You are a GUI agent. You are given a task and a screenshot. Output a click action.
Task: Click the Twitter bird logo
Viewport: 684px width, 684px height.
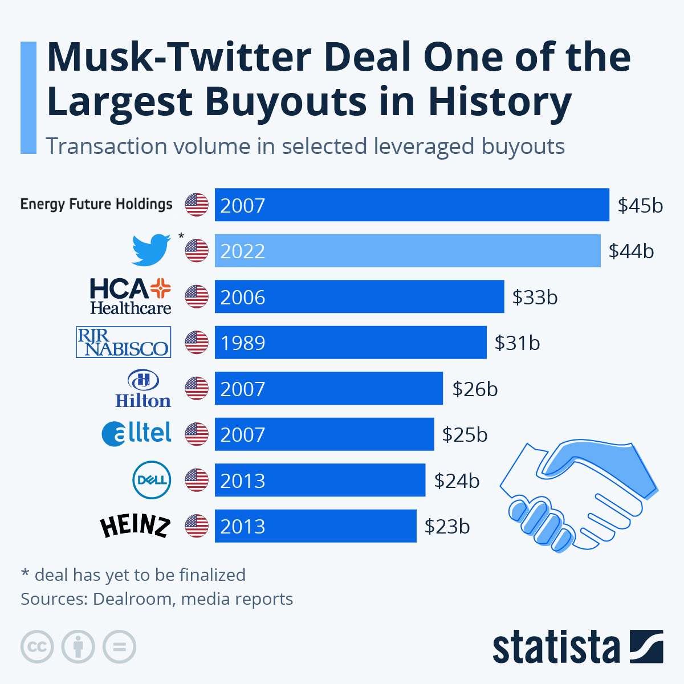coord(151,250)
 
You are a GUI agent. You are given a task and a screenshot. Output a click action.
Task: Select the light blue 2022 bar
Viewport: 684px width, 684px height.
coord(407,251)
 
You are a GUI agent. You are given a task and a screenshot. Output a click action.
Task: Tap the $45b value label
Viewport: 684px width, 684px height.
coord(640,205)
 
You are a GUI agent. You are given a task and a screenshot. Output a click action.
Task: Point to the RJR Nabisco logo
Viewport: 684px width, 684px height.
coord(123,342)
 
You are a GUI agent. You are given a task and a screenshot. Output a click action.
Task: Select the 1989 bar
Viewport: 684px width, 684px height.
coord(350,343)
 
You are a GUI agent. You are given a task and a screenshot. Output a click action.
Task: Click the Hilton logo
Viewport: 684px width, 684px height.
coord(142,389)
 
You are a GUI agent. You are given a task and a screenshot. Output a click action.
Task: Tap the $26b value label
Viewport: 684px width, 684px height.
coord(475,389)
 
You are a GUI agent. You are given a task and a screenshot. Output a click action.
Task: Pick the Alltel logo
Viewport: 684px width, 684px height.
coord(137,434)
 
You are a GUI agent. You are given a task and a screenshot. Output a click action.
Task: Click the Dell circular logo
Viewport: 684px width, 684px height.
coord(151,480)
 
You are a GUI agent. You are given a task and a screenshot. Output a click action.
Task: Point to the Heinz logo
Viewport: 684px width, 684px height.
coord(135,526)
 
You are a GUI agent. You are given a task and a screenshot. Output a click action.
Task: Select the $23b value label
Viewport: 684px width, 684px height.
coord(447,526)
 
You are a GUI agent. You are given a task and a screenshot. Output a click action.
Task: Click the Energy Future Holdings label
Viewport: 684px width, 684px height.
coord(96,204)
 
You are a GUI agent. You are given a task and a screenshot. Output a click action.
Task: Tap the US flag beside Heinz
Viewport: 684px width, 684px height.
coord(197,526)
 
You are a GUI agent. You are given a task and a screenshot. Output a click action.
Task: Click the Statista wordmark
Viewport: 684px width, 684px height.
coord(556,648)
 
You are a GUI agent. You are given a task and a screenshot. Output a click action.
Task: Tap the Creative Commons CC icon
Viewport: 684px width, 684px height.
coord(37,647)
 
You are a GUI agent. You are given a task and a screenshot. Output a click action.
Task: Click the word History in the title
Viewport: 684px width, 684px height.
coord(499,102)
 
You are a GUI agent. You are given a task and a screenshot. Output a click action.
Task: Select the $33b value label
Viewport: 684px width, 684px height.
coord(535,297)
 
